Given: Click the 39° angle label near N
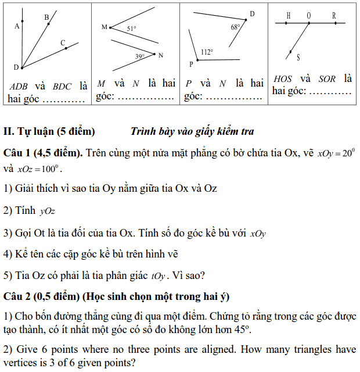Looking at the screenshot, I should click(x=140, y=56).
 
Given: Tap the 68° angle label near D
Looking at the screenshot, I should click(x=235, y=27).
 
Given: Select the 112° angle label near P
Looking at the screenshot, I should click(x=207, y=52).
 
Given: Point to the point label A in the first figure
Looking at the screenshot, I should click(x=17, y=26).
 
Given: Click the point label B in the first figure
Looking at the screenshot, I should click(x=46, y=17).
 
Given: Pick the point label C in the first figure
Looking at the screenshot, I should click(x=62, y=42).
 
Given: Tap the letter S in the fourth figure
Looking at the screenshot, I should click(x=298, y=57).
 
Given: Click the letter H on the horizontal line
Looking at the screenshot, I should click(x=288, y=16).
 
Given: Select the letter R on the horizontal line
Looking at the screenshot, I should click(x=334, y=16).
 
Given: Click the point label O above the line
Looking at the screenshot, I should click(x=309, y=16).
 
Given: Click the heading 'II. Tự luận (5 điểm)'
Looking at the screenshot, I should click(x=49, y=132).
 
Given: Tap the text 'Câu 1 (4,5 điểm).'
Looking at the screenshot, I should click(x=44, y=153).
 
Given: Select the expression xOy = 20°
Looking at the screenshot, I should click(x=337, y=153).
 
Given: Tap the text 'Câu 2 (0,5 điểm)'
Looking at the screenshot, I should click(x=41, y=296).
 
